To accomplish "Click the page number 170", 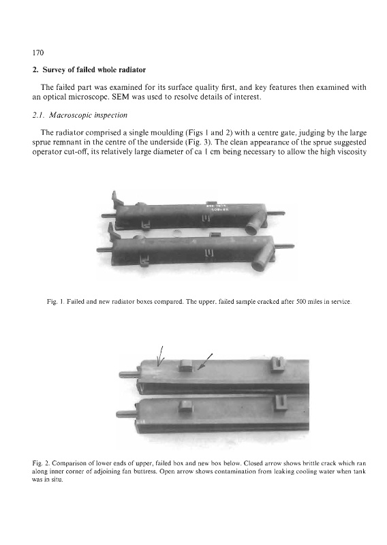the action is (x=38, y=52).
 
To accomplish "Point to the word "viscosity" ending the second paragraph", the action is (x=352, y=152).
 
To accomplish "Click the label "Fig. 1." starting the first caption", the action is (x=55, y=302).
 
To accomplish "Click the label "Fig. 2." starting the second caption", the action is (x=40, y=463).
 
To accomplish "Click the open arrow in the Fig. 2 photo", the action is (x=160, y=356).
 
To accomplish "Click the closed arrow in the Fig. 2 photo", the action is (x=205, y=362).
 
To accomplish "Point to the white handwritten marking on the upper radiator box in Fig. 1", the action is (x=217, y=208).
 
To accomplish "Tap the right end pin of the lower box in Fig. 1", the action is (x=285, y=247).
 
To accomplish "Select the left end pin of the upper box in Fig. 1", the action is (x=108, y=215).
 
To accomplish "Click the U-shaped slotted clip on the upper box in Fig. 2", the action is (x=277, y=364).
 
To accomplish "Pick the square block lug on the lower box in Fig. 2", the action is (x=186, y=406).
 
